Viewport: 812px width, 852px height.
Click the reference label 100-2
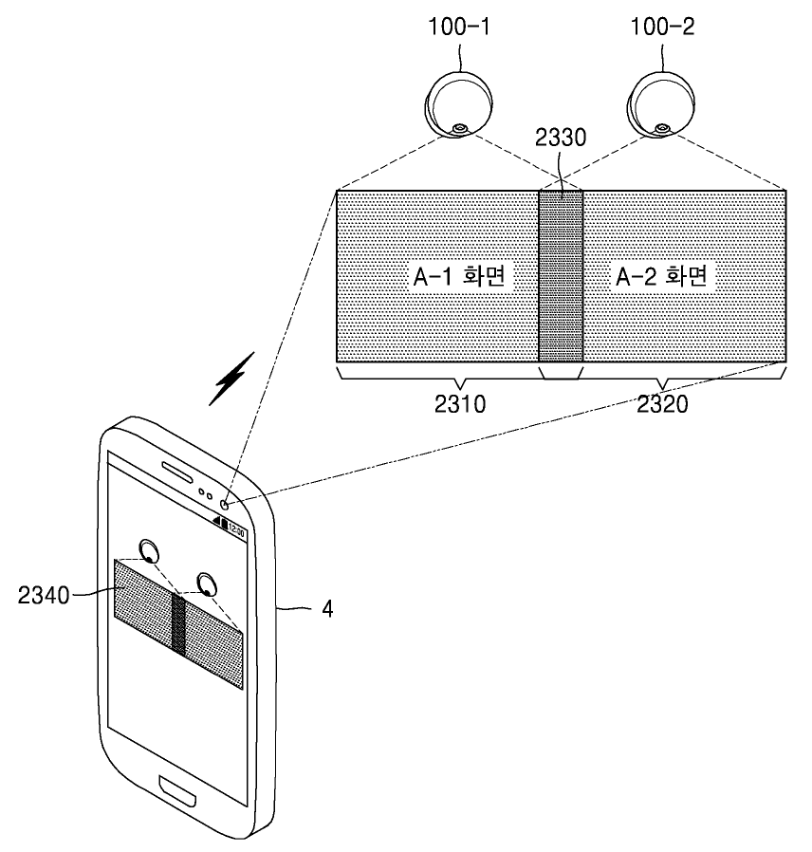tap(662, 28)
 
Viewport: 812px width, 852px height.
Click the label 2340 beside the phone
tap(46, 595)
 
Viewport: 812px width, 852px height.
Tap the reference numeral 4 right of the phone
tap(326, 608)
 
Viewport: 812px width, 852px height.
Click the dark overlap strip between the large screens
tap(560, 275)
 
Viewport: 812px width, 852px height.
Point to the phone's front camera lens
tap(226, 505)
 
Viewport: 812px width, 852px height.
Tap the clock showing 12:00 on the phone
tap(236, 533)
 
